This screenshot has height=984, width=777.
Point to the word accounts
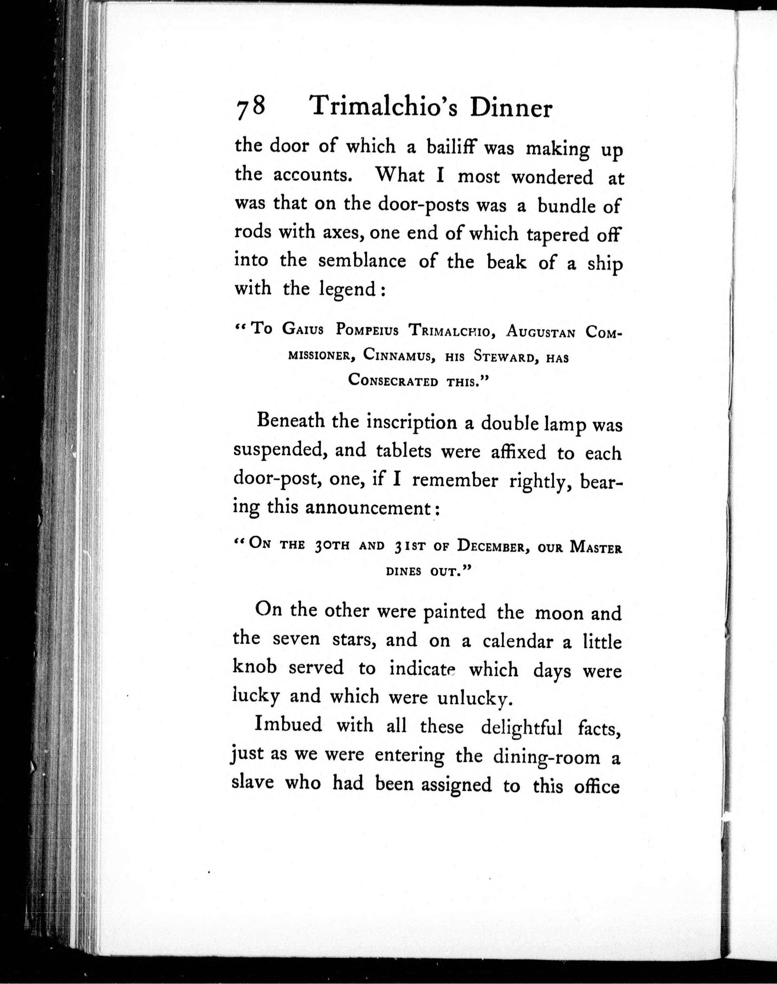(x=313, y=175)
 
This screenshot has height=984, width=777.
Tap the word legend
(x=348, y=289)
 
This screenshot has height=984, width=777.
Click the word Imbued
(x=289, y=725)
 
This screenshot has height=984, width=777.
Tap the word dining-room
(x=546, y=756)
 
